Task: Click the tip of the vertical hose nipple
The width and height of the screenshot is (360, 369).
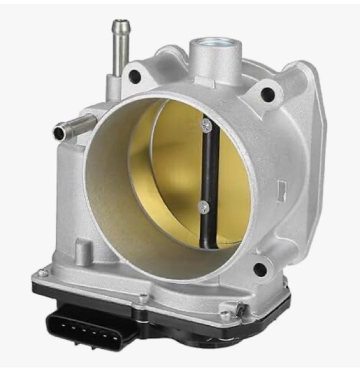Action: click(x=120, y=23)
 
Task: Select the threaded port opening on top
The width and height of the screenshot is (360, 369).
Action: click(x=215, y=45)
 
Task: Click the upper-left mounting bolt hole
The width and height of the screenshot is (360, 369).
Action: click(x=135, y=77)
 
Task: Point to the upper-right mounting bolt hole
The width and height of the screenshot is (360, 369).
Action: click(x=267, y=94)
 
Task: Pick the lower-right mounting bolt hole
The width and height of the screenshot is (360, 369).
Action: click(x=260, y=269)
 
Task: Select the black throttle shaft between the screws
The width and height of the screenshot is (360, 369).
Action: click(x=207, y=167)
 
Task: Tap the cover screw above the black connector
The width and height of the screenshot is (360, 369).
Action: click(x=143, y=298)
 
